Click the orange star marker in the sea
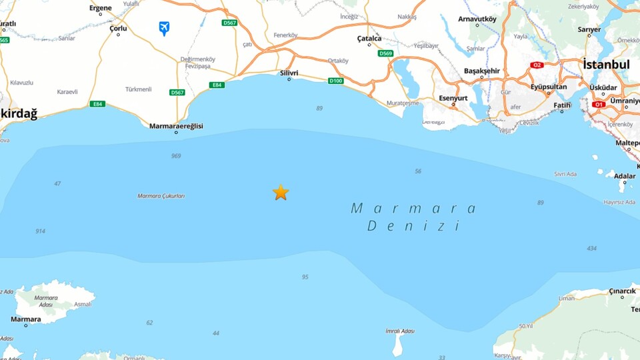[x=281, y=193]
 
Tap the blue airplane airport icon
[x=164, y=28]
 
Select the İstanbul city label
[x=606, y=65]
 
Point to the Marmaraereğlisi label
[x=176, y=126]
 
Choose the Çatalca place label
[x=369, y=39]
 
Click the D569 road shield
[x=385, y=53]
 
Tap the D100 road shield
[x=335, y=81]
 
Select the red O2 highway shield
[x=537, y=65]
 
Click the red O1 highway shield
[x=598, y=105]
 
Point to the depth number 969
[x=176, y=156]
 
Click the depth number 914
[x=41, y=231]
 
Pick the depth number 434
[x=591, y=249]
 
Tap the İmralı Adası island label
[x=400, y=331]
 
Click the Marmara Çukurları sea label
[x=161, y=196]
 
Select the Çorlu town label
[x=118, y=28]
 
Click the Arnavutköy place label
[x=477, y=19]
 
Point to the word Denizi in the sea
[x=414, y=226]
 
